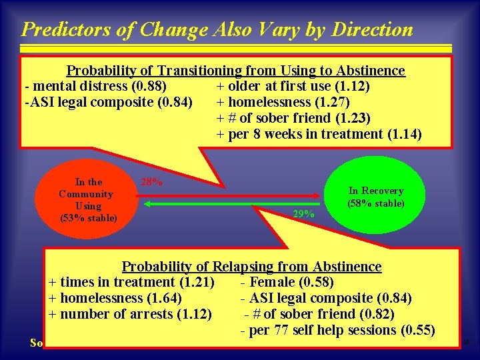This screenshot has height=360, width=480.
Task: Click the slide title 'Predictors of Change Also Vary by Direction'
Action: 217,29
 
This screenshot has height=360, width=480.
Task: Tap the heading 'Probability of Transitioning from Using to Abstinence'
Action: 235,71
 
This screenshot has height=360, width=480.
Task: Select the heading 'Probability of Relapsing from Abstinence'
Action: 251,267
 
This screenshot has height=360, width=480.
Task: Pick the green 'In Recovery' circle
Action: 375,197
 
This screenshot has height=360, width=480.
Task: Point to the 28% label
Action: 151,181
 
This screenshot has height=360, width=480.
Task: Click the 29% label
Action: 304,214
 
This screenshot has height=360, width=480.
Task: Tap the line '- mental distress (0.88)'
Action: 95,86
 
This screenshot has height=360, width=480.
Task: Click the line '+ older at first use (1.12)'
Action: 293,86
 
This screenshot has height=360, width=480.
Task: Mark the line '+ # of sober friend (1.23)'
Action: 293,118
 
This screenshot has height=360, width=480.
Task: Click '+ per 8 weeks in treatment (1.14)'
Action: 319,134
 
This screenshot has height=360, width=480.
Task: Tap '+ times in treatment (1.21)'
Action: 131,282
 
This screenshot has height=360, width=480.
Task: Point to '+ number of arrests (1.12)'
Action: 131,314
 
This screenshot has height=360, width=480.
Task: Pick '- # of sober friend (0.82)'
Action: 319,314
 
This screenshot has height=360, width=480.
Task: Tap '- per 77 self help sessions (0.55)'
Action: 337,330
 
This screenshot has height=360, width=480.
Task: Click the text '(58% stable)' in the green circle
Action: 375,203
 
